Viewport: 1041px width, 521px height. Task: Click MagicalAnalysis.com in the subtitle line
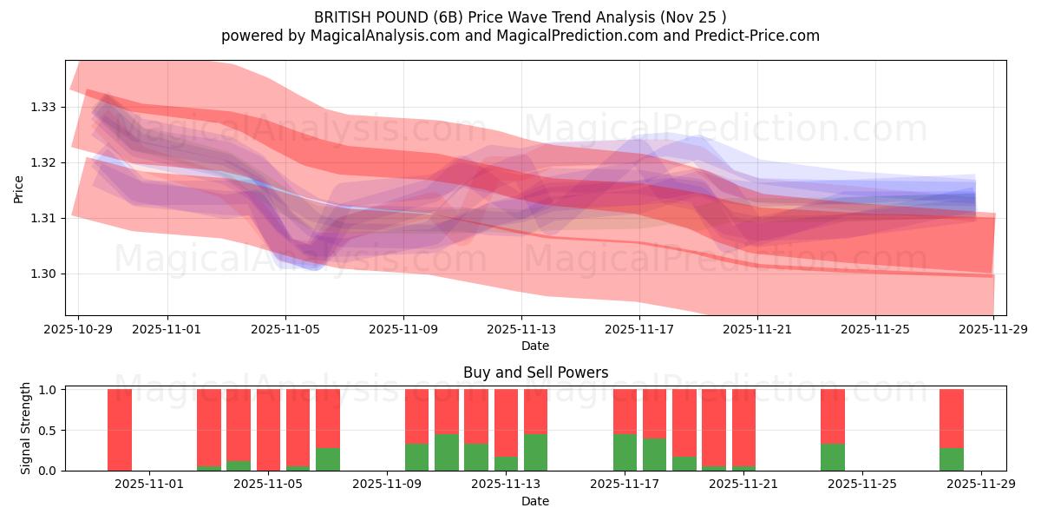click(361, 36)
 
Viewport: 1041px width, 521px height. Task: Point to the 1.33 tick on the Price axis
click(43, 107)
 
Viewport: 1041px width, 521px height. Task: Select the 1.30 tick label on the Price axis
click(43, 274)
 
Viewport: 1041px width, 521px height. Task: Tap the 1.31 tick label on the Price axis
click(43, 218)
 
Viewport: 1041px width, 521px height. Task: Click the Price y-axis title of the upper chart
click(19, 188)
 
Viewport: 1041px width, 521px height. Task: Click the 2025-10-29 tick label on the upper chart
click(78, 330)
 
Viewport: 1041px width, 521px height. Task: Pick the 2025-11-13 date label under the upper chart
click(521, 330)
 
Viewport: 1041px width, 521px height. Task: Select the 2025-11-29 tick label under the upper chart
click(993, 330)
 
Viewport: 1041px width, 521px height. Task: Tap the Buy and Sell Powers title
click(535, 373)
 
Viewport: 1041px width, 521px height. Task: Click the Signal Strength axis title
click(26, 428)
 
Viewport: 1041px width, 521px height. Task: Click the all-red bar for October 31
click(120, 430)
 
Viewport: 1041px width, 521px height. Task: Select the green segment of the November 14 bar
click(535, 452)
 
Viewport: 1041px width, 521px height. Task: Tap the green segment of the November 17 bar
click(625, 452)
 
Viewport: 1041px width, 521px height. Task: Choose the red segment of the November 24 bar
click(833, 416)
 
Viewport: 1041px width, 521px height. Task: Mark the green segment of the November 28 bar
click(952, 459)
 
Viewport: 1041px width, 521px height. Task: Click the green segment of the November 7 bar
click(328, 459)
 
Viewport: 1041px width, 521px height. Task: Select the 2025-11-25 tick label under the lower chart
click(862, 485)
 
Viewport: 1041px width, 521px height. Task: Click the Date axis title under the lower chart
click(535, 501)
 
